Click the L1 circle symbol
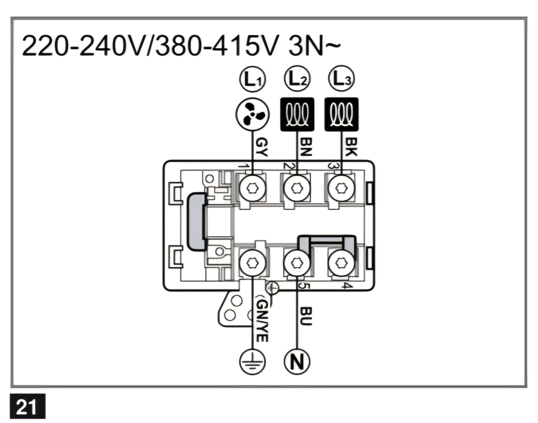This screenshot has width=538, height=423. point(252,79)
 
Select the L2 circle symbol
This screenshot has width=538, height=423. point(297,79)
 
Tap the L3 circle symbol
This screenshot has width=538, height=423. point(341,78)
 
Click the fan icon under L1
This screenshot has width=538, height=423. point(252,114)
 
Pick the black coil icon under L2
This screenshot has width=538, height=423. point(297,114)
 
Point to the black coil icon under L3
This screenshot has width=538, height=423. point(341,114)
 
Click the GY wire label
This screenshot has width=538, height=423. point(262,147)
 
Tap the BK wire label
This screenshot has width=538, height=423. point(351,147)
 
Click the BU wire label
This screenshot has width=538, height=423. point(306,316)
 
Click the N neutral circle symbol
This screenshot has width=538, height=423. point(297,362)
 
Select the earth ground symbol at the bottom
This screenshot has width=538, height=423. point(252,362)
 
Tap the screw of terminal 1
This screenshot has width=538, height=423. point(252,188)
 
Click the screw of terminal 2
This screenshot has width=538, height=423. point(297,188)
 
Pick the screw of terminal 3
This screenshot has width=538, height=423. point(341,188)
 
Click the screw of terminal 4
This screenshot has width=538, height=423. point(341,263)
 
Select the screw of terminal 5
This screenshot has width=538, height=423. point(297,263)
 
